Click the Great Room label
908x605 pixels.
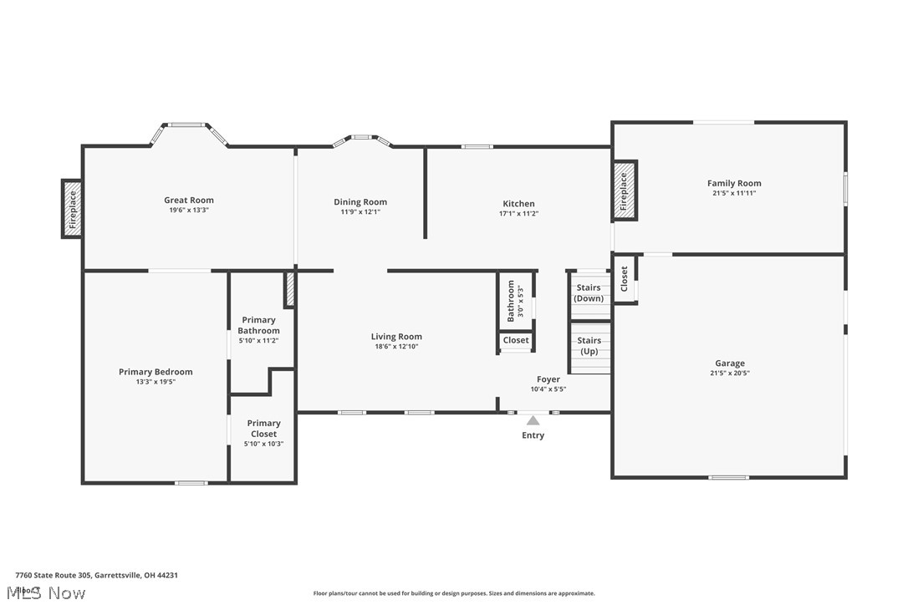tap(188, 200)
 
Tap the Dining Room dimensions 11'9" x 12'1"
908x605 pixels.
tap(360, 212)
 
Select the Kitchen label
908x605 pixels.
tap(518, 204)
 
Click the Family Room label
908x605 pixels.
tap(734, 183)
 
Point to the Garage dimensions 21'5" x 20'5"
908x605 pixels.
tap(730, 374)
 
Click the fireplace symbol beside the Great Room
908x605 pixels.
tap(72, 209)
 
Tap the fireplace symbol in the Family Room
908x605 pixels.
tap(623, 191)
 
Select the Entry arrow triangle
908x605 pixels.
tap(533, 420)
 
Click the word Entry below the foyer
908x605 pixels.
tap(533, 435)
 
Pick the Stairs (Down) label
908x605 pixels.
tap(589, 293)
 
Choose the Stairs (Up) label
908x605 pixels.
tap(589, 346)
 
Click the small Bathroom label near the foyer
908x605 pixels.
tap(511, 301)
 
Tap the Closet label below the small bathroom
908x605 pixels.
tap(516, 340)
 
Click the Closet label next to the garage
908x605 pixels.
tap(624, 278)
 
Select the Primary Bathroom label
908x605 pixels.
tap(258, 325)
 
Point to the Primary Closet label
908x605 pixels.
tap(263, 429)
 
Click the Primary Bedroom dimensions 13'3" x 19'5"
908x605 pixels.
tap(156, 382)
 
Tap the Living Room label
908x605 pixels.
tap(396, 337)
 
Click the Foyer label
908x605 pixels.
tap(548, 379)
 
